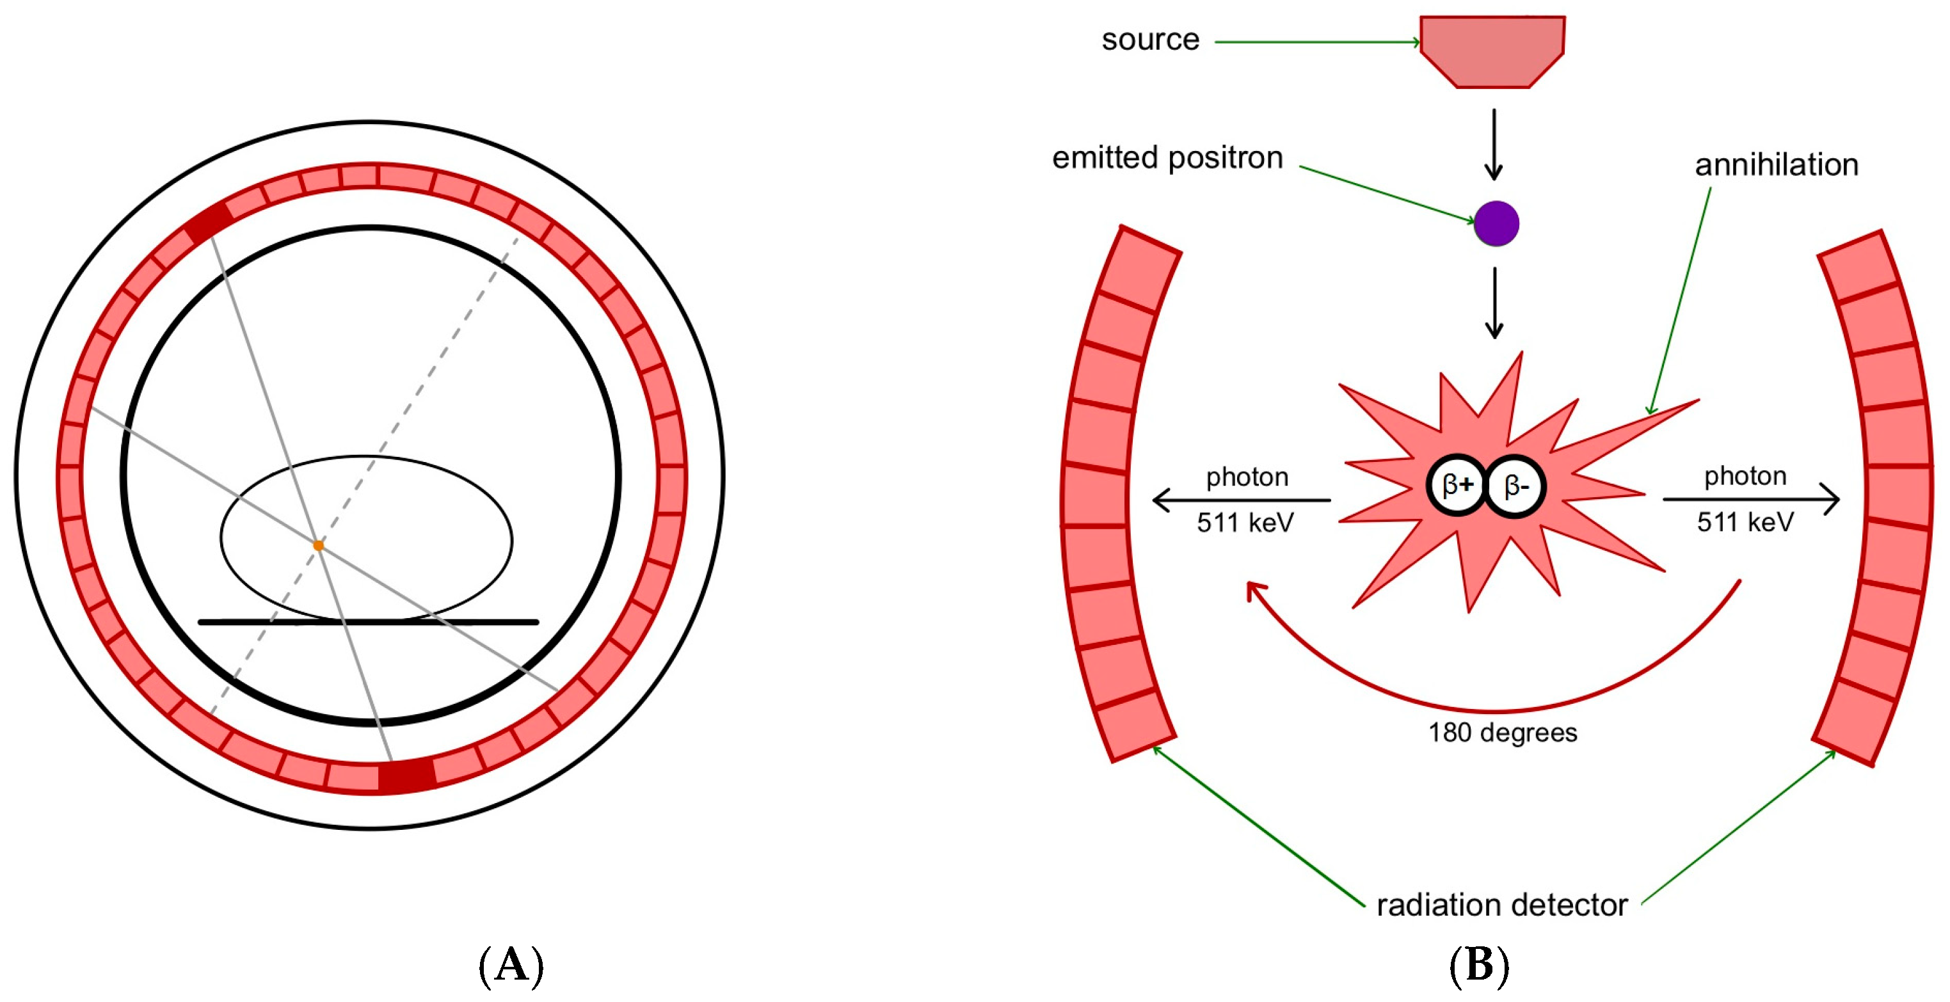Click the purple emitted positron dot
(1496, 223)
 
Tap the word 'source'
(1150, 40)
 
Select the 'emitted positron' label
(1167, 157)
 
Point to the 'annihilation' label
(1776, 164)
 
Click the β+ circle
(1457, 485)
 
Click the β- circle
(1515, 486)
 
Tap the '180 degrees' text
(1502, 732)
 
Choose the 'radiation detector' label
(1502, 904)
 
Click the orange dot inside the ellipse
(319, 545)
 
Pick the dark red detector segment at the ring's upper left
(209, 223)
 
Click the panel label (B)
(1478, 966)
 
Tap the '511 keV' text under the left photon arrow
(1245, 522)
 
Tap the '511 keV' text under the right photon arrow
(1745, 521)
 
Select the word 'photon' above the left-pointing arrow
(1247, 477)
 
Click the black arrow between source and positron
(1494, 144)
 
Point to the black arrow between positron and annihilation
(1494, 303)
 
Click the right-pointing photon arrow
(1750, 500)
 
